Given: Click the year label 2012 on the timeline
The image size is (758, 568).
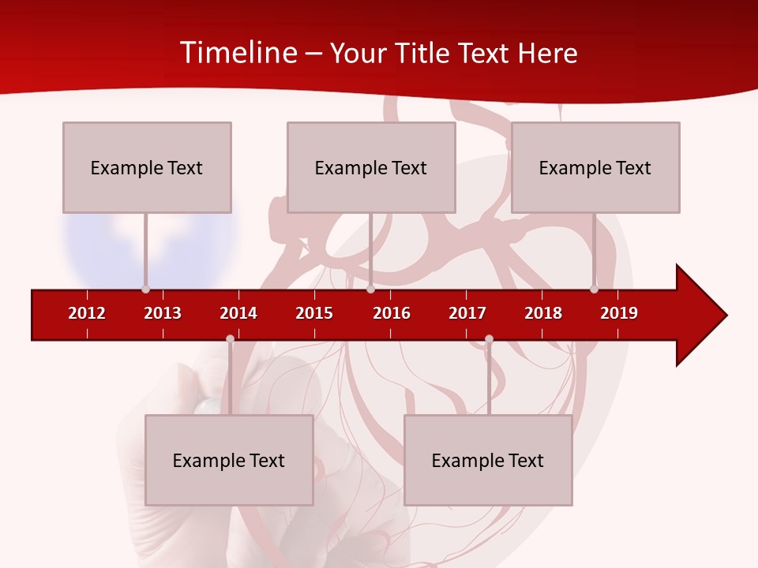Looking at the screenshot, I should click(x=87, y=313).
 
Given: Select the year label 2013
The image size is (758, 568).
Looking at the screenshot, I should click(x=163, y=313).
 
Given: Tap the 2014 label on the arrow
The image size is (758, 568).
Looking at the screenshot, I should click(x=238, y=313).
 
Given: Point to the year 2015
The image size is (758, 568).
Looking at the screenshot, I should click(x=314, y=313).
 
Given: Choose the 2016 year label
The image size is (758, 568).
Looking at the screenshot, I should click(x=392, y=313).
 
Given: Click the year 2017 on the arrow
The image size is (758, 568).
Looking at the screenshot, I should click(x=467, y=313).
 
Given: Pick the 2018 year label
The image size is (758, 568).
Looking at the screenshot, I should click(x=543, y=313).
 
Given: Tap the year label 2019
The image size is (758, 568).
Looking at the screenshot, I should click(x=619, y=313).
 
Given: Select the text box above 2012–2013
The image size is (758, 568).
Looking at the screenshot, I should click(x=147, y=167).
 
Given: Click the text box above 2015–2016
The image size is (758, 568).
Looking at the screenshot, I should click(x=371, y=167).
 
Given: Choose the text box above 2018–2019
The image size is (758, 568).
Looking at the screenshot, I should click(x=595, y=167).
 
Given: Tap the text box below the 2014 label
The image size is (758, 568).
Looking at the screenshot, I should click(x=229, y=460).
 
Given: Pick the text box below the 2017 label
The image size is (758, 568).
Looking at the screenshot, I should click(x=488, y=460).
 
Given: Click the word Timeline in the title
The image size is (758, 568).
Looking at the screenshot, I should click(x=239, y=53).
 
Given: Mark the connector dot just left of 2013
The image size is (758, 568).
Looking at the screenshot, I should click(x=145, y=290).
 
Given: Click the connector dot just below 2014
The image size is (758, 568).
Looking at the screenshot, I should click(x=230, y=339).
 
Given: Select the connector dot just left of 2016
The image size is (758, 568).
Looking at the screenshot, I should click(x=370, y=290).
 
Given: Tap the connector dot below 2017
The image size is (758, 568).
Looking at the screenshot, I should click(x=489, y=339).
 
